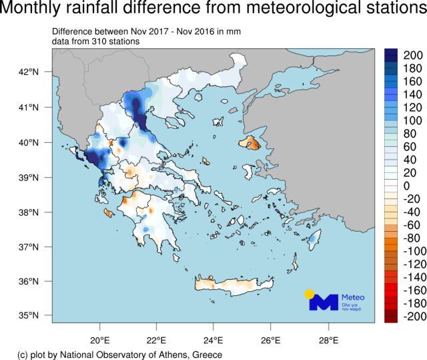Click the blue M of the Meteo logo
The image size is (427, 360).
[324, 302]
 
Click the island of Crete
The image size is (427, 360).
[230, 286]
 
